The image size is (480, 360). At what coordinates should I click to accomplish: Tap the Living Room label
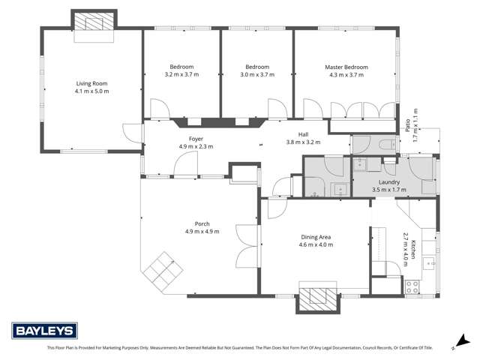coord(92,83)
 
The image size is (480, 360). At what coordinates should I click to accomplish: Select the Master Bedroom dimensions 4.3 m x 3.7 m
coord(346,75)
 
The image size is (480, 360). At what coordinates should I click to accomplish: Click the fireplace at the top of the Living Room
coord(94,22)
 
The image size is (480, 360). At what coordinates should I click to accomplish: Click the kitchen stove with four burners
coord(412,285)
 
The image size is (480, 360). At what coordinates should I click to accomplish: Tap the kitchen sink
coord(430,262)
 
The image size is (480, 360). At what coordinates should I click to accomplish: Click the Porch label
coord(202,223)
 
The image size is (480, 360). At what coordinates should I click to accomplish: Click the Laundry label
coord(388,182)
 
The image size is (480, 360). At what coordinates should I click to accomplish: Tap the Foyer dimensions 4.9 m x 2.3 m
coord(196,146)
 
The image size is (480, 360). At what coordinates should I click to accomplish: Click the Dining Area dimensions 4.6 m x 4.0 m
coord(315,245)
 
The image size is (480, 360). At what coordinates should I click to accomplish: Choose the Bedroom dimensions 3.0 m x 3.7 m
coord(256,75)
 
